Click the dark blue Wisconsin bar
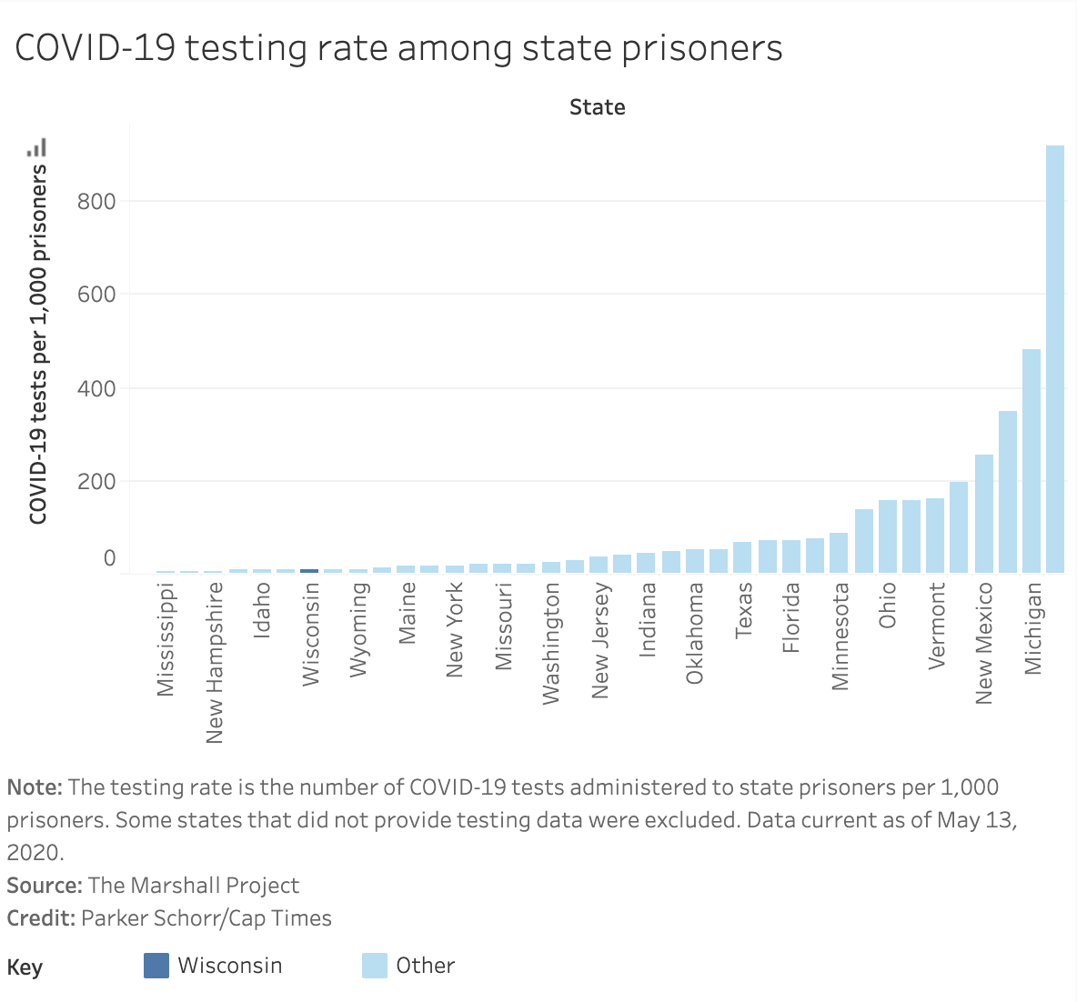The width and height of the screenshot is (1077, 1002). pyautogui.click(x=309, y=570)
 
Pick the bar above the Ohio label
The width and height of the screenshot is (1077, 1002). pyautogui.click(x=888, y=536)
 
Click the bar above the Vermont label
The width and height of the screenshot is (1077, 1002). pyautogui.click(x=935, y=536)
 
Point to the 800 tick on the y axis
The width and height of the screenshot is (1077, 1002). pyautogui.click(x=96, y=201)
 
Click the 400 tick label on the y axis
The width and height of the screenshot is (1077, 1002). pyautogui.click(x=96, y=389)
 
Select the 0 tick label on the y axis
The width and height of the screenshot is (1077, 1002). pyautogui.click(x=109, y=557)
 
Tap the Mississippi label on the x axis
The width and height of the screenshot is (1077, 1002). pyautogui.click(x=166, y=639)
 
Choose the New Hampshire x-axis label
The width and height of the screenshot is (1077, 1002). pyautogui.click(x=215, y=662)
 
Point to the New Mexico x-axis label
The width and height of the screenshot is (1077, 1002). pyautogui.click(x=983, y=643)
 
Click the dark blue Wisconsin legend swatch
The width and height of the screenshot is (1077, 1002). pyautogui.click(x=156, y=966)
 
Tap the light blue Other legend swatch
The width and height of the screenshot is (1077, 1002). pyautogui.click(x=375, y=966)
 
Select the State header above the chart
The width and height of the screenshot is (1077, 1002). pyautogui.click(x=597, y=107)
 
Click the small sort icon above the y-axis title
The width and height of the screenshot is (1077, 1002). pyautogui.click(x=37, y=147)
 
